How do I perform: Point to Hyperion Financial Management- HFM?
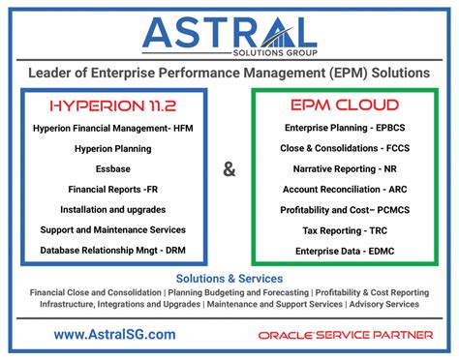pyautogui.click(x=113, y=128)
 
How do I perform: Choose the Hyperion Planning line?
pyautogui.click(x=113, y=148)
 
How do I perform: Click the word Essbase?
pyautogui.click(x=113, y=168)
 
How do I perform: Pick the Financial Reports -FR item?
pyautogui.click(x=113, y=189)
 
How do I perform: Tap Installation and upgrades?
pyautogui.click(x=113, y=209)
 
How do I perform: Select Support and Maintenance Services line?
pyautogui.click(x=113, y=229)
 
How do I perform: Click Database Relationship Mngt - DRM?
pyautogui.click(x=113, y=250)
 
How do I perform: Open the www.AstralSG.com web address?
pyautogui.click(x=115, y=334)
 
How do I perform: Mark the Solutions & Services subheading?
pyautogui.click(x=229, y=278)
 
